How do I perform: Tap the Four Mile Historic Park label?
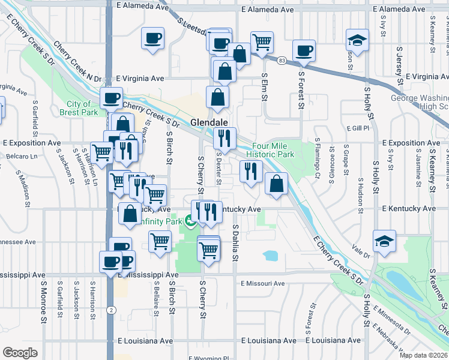pyautogui.click(x=273, y=150)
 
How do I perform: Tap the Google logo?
pyautogui.click(x=20, y=353)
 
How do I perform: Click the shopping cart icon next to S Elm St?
pyautogui.click(x=262, y=42)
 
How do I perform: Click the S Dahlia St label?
pyautogui.click(x=236, y=244)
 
